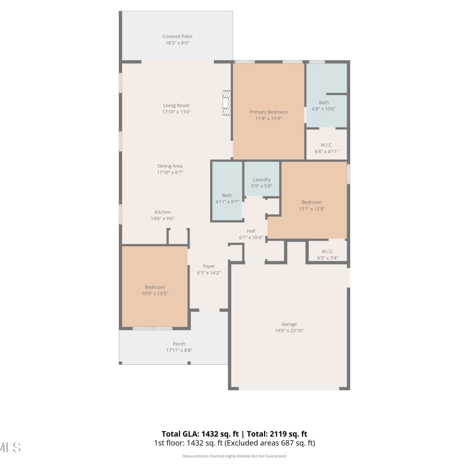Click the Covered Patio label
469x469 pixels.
[x=177, y=37]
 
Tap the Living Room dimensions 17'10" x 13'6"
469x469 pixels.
[x=176, y=112]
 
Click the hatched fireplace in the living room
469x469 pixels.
[x=227, y=103]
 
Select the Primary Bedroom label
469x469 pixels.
[x=269, y=112]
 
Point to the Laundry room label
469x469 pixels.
[x=262, y=180]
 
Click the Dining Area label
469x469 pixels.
[x=170, y=166]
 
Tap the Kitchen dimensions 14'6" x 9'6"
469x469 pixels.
[x=163, y=219]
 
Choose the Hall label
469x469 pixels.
[x=251, y=231]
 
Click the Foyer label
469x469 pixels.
[x=209, y=266]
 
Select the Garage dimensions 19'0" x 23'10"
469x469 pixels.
[x=289, y=331]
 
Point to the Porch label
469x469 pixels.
[x=179, y=344]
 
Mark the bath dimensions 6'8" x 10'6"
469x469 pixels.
[x=324, y=109]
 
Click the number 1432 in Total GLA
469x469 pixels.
[x=210, y=434]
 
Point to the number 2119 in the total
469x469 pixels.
[x=279, y=434]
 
